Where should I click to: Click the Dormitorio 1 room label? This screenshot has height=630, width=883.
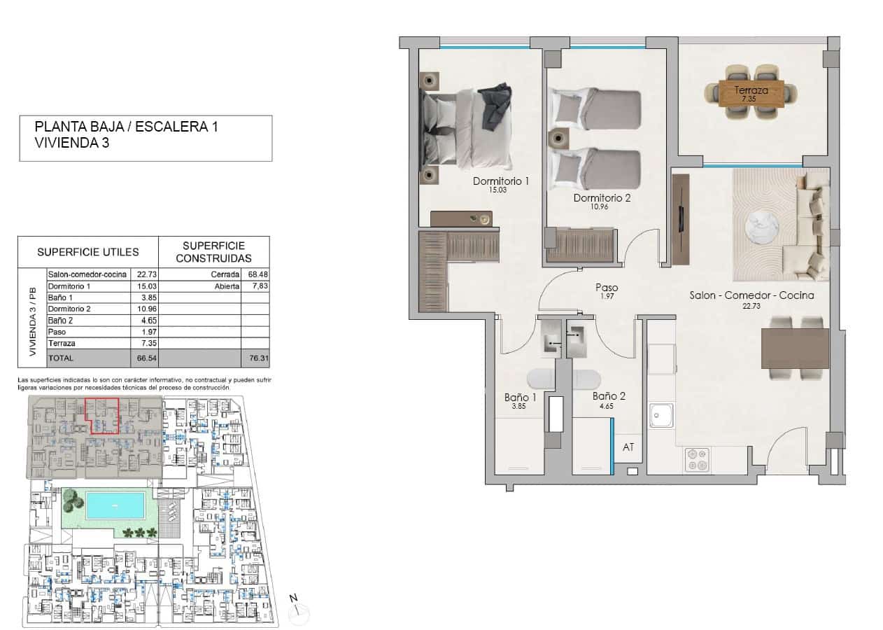(x=500, y=181)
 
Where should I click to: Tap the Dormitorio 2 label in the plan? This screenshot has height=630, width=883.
(x=602, y=198)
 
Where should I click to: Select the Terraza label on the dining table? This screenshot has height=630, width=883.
(x=751, y=90)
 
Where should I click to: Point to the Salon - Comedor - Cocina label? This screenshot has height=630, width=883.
(x=751, y=295)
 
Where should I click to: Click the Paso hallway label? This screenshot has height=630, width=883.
(x=606, y=288)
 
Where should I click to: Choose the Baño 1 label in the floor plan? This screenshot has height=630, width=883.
(x=520, y=397)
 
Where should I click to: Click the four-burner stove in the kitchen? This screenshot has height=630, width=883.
(x=698, y=460)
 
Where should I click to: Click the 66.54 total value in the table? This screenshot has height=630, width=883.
(x=142, y=358)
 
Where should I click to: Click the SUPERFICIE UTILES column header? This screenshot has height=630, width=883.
(x=88, y=252)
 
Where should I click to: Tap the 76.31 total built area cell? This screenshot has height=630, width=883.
(x=255, y=358)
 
